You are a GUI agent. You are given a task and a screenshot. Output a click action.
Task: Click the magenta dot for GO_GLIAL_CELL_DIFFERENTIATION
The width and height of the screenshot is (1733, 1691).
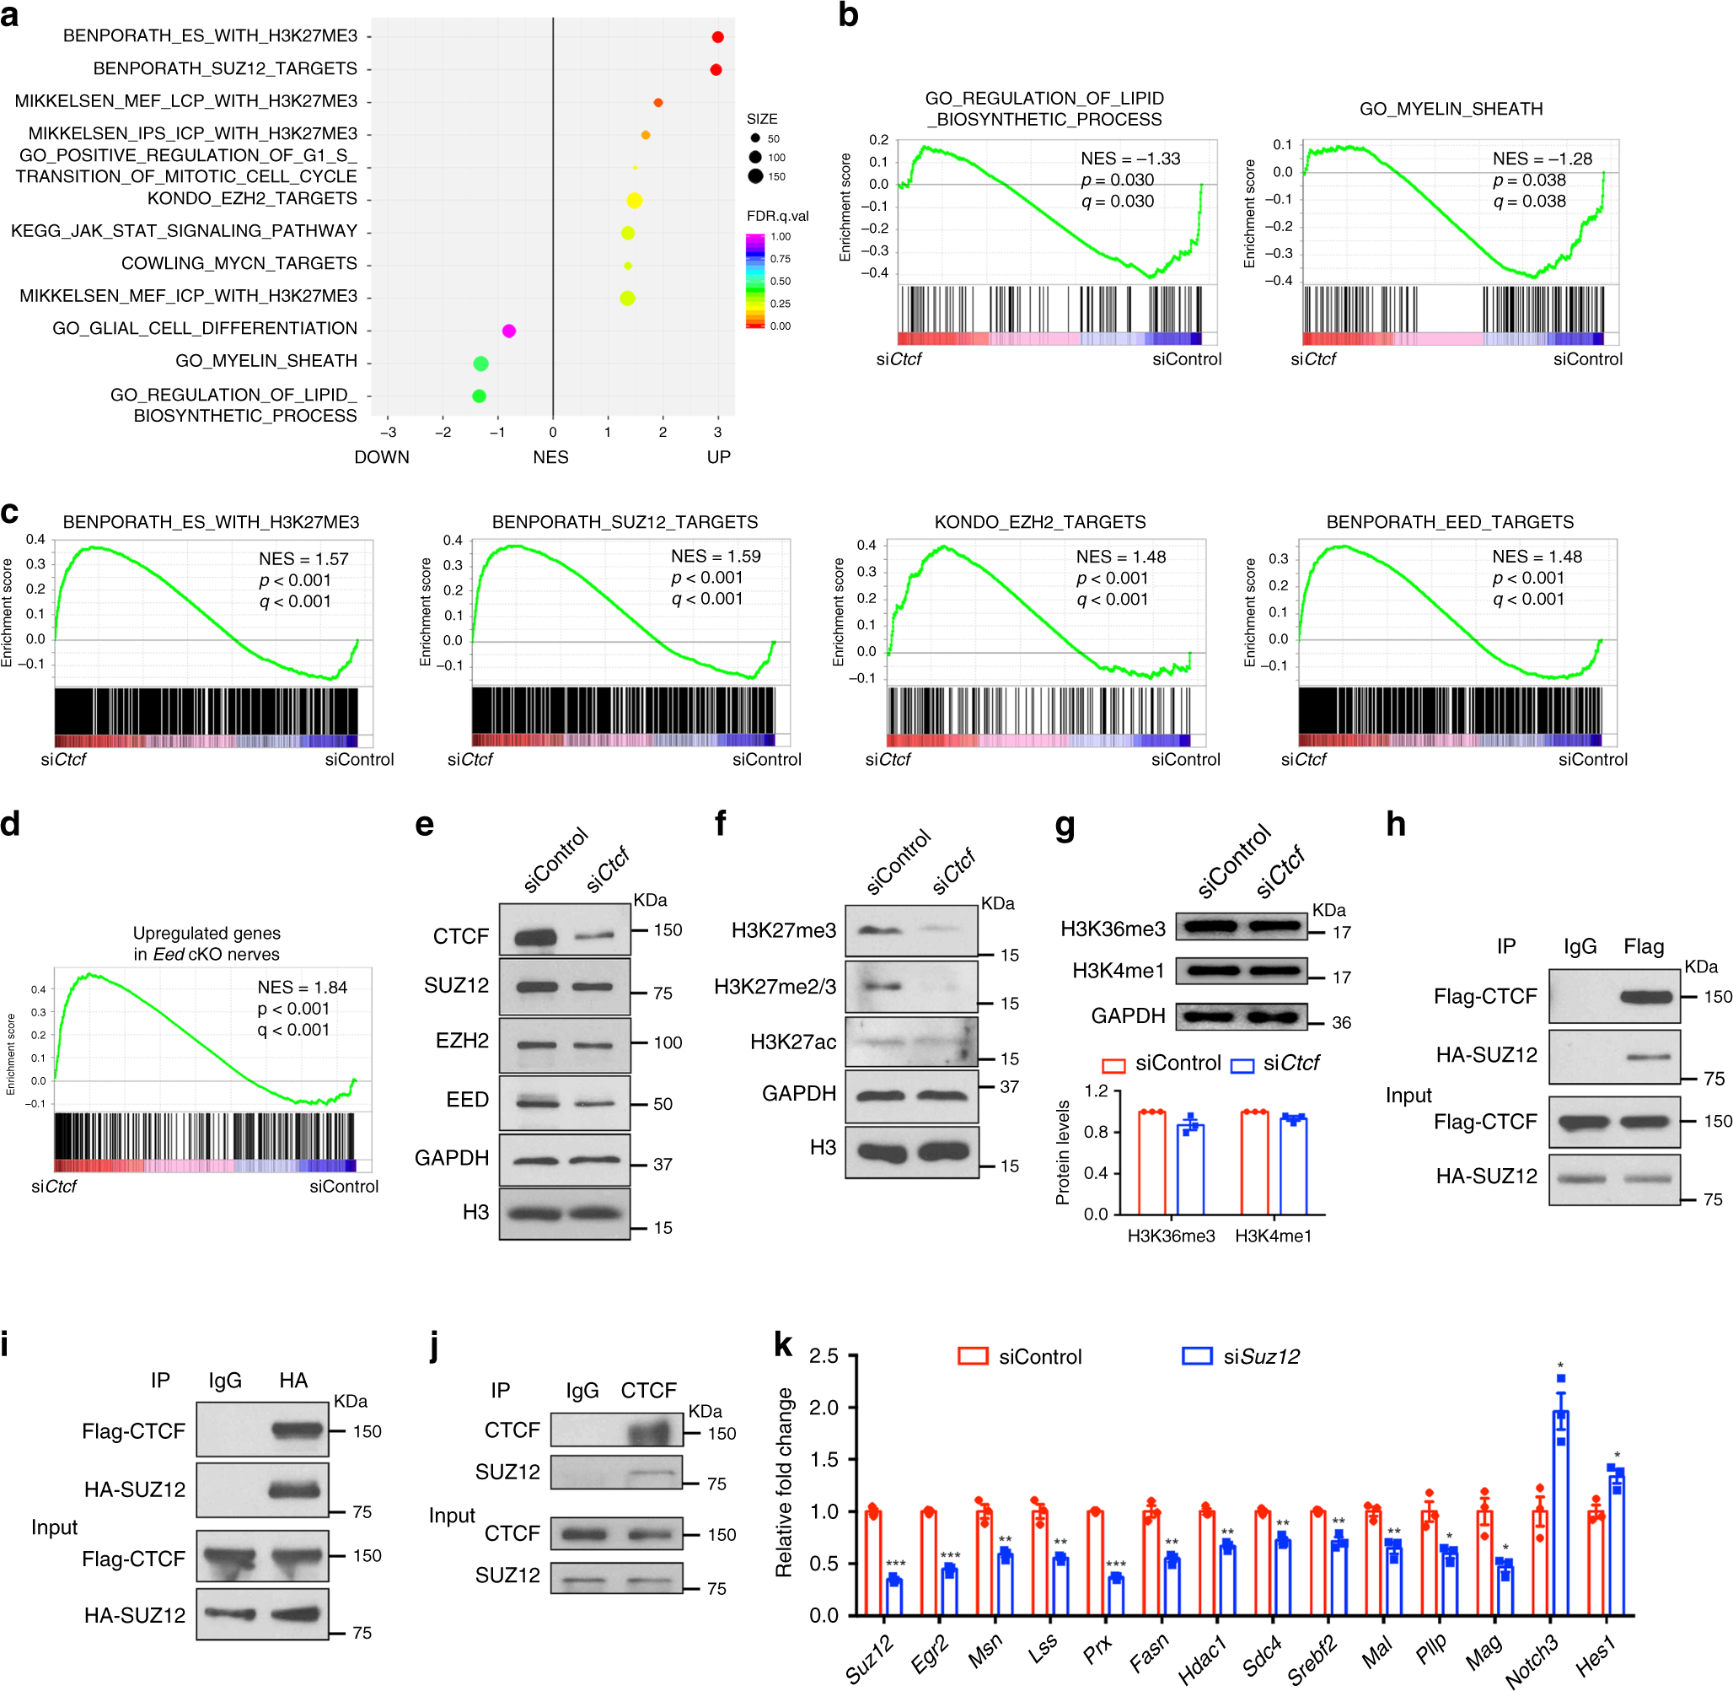point(509,331)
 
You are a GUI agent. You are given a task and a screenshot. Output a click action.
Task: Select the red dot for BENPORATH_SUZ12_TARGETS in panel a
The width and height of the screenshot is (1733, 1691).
point(716,69)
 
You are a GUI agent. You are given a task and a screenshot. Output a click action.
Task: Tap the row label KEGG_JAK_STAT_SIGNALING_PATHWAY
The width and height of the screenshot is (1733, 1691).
point(184,231)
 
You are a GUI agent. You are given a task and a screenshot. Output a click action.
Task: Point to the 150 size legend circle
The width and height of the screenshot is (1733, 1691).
point(755,176)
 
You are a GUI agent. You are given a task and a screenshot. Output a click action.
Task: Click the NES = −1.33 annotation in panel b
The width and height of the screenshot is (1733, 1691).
point(1130,159)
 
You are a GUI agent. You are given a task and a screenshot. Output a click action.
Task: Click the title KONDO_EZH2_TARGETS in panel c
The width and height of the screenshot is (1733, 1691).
point(1039,522)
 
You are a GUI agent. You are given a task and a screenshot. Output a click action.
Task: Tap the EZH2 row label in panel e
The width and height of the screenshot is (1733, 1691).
point(462,1041)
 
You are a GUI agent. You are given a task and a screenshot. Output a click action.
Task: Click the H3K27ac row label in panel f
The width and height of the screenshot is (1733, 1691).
point(793,1042)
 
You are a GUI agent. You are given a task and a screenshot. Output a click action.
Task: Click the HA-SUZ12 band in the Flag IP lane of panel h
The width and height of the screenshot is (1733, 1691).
point(1645,1057)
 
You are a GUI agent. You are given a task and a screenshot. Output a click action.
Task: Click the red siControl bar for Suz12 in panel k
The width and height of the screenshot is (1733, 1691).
point(872,1562)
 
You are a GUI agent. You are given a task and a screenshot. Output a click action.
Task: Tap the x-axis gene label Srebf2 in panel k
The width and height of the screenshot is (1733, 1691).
point(1313,1659)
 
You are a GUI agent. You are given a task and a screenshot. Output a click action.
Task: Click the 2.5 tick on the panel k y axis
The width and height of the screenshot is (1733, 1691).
point(824,1356)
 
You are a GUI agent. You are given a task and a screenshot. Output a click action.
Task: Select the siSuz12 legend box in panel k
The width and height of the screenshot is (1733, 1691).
point(1197,1356)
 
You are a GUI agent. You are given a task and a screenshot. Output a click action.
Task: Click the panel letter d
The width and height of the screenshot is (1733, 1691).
point(11,824)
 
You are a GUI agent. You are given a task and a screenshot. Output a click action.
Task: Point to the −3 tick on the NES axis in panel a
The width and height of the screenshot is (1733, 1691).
point(388,433)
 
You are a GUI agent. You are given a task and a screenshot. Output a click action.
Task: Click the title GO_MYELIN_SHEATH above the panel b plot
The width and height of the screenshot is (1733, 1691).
point(1451,110)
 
